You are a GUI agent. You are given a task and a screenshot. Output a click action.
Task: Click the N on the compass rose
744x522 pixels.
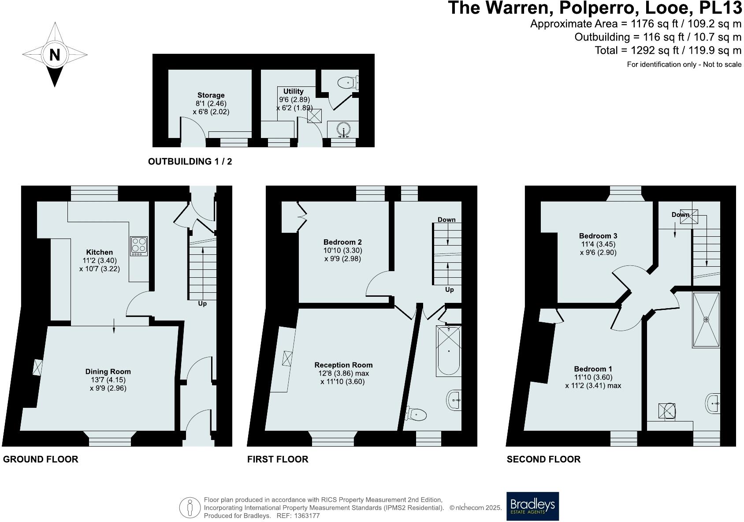click(x=55, y=55)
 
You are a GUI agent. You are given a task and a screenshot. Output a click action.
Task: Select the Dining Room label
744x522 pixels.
click(x=108, y=372)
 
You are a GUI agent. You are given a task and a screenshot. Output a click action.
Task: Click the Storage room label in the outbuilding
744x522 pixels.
click(x=211, y=95)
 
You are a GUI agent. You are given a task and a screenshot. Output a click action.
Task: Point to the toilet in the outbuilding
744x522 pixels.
click(x=348, y=82)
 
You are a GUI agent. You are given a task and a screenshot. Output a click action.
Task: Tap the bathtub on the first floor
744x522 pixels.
click(x=448, y=351)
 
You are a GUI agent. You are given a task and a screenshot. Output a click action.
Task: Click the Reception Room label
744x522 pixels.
click(x=343, y=365)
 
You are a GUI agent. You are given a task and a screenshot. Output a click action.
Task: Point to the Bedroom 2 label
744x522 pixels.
click(x=342, y=242)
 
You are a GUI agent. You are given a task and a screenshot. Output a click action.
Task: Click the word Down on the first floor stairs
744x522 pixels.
click(x=446, y=220)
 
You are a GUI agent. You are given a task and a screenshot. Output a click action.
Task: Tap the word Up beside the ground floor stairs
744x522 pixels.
click(x=202, y=304)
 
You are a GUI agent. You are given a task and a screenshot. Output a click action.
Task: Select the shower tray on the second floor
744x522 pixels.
click(x=706, y=319)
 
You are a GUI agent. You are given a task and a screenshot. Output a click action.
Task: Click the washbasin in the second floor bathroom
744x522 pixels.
click(x=714, y=403)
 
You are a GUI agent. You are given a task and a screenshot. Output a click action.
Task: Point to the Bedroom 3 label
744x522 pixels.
click(x=598, y=236)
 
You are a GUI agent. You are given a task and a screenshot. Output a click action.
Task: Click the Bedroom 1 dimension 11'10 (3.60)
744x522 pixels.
click(x=593, y=377)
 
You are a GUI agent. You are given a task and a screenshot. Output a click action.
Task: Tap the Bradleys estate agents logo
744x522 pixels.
click(x=532, y=506)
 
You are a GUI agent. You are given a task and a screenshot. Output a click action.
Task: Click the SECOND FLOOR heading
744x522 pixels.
click(x=543, y=459)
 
